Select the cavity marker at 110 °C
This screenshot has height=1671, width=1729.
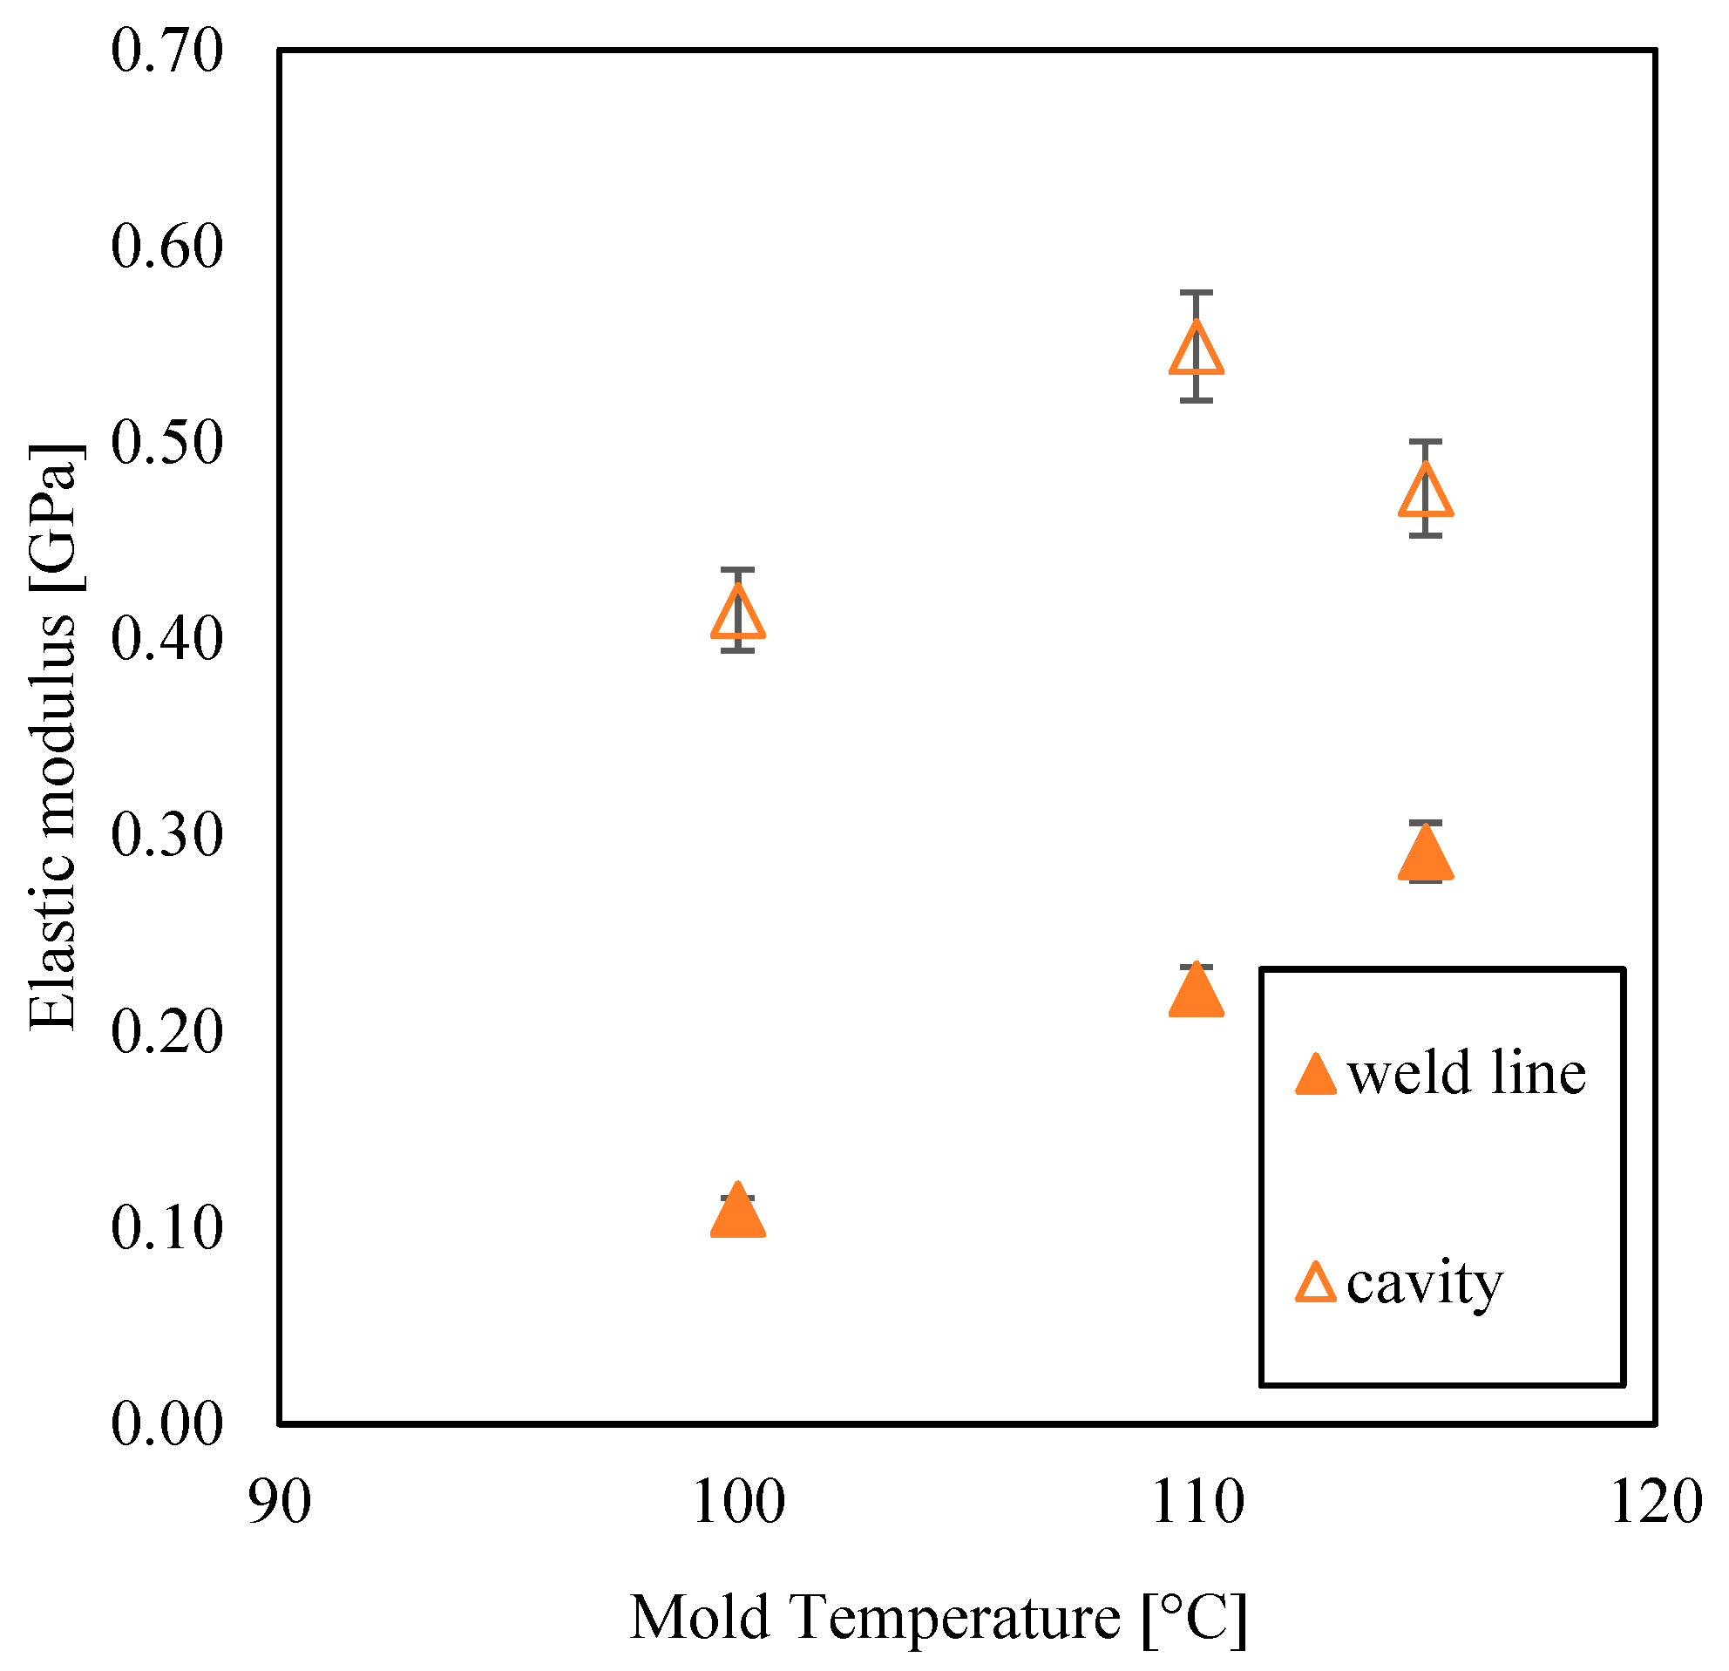pyautogui.click(x=1197, y=350)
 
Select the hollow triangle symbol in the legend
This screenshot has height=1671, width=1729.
pyautogui.click(x=1315, y=1286)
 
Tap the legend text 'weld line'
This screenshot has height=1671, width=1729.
pyautogui.click(x=1466, y=1075)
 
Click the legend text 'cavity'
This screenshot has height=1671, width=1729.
pyautogui.click(x=1424, y=1285)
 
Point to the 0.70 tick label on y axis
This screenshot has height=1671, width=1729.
pyautogui.click(x=166, y=51)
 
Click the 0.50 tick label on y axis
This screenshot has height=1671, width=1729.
pyautogui.click(x=166, y=443)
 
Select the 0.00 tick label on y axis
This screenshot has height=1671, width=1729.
pyautogui.click(x=166, y=1425)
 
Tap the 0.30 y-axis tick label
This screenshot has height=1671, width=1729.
pyautogui.click(x=166, y=835)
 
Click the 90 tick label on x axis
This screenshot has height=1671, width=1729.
pyautogui.click(x=279, y=1503)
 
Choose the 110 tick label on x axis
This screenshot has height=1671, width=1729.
pyautogui.click(x=1197, y=1503)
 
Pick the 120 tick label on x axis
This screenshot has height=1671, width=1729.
pyautogui.click(x=1656, y=1503)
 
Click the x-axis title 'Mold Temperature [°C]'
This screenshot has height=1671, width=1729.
pyautogui.click(x=938, y=1618)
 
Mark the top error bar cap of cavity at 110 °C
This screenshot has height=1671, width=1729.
pyautogui.click(x=1197, y=292)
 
